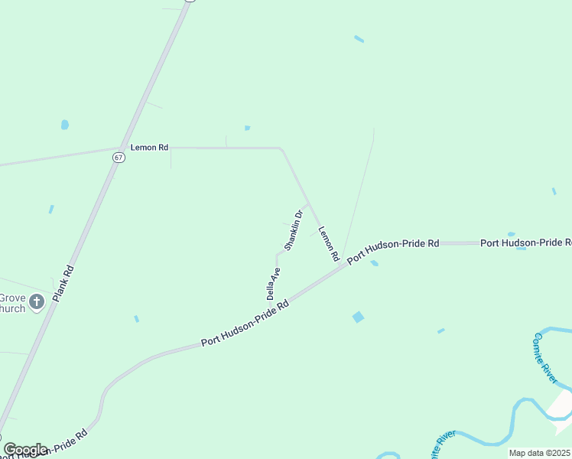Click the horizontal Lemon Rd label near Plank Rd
click(149, 147)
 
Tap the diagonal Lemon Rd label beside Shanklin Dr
click(328, 244)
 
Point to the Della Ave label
click(273, 283)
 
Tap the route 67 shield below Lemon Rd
click(118, 158)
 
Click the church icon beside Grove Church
click(37, 303)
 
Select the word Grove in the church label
click(12, 298)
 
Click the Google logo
click(25, 449)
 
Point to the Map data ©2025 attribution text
click(539, 453)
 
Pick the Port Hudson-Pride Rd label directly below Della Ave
click(245, 324)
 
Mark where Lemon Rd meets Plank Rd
click(121, 148)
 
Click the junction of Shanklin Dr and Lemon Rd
click(307, 204)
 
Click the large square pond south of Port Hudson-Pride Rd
click(358, 317)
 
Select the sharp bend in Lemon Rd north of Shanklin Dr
click(280, 148)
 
